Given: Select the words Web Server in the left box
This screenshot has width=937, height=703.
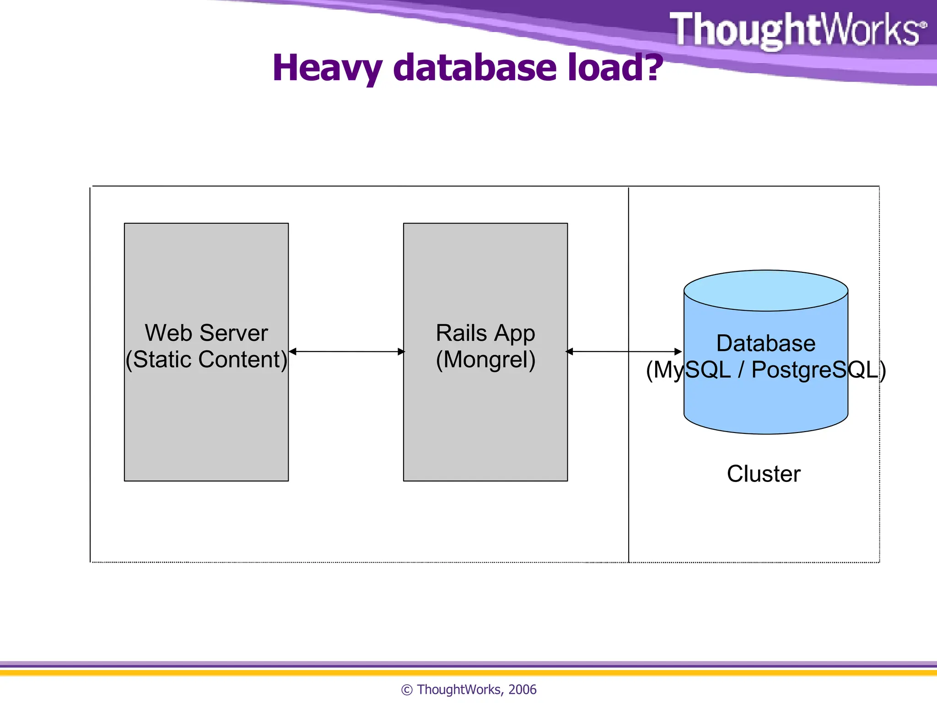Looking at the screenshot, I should [206, 333].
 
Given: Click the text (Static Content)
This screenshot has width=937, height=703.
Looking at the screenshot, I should [206, 359].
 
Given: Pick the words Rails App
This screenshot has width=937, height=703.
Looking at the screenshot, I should [485, 333].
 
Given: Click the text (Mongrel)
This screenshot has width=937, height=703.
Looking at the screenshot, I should [485, 359].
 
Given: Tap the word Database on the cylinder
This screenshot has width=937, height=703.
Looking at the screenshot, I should [765, 343].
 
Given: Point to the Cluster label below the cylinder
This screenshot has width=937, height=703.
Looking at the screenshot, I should [764, 474].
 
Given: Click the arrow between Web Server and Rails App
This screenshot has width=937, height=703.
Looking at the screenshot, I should [346, 351].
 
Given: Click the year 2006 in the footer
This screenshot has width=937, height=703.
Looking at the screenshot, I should [522, 689].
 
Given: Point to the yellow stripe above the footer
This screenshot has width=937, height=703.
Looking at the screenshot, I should [468, 673].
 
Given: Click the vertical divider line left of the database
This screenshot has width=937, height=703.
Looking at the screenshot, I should [629, 458].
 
